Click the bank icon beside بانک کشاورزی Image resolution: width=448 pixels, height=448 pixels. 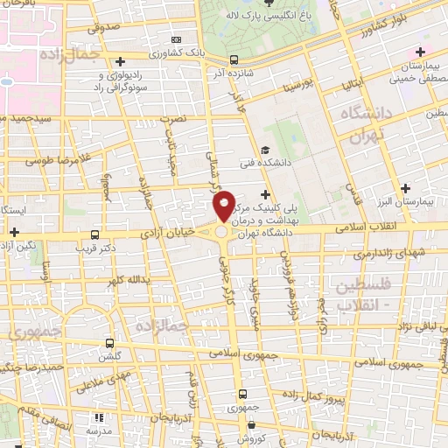(x=176, y=40)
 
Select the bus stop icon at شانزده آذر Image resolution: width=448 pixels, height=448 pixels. (x=234, y=60)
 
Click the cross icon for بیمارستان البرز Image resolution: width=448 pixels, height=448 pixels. (x=405, y=188)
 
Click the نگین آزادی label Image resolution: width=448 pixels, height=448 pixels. (x=18, y=245)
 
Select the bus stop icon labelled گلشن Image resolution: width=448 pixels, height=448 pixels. (x=109, y=343)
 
